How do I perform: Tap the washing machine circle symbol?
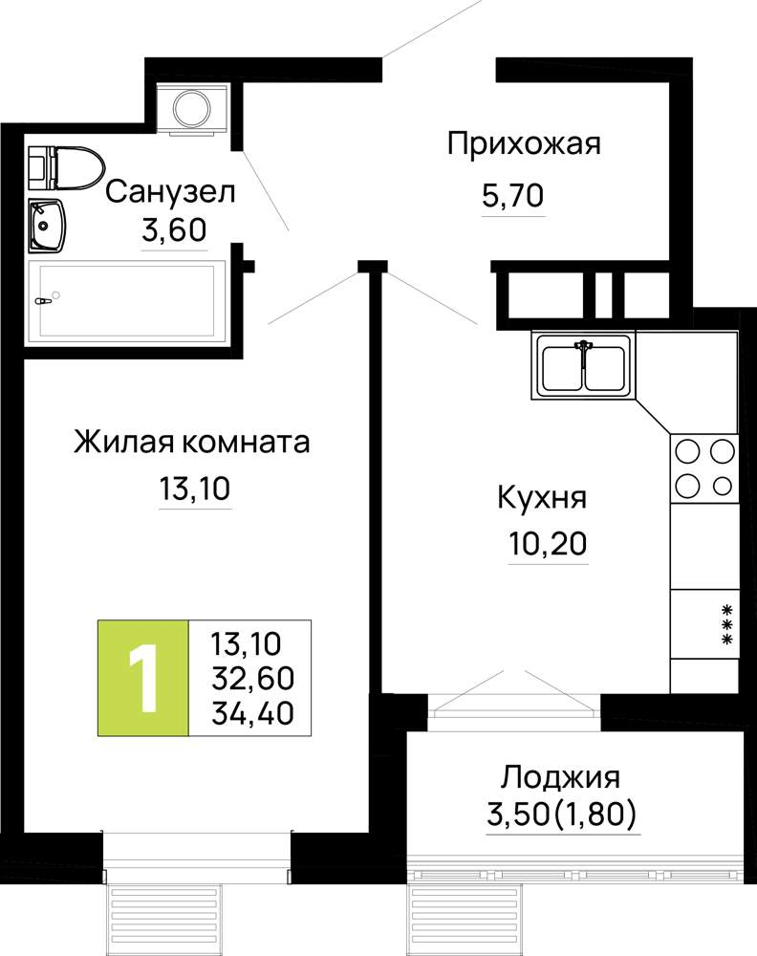pos(192,108)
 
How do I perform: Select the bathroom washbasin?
pos(46,225)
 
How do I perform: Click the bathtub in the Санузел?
pos(126,299)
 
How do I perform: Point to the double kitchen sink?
pos(583,364)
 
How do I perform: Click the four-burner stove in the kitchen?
pos(704,468)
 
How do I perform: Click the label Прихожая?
pos(524,144)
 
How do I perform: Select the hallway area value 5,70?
pos(512,196)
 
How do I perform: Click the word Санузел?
pos(170,192)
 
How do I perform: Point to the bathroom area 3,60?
pos(174,230)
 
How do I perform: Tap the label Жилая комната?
pos(192,442)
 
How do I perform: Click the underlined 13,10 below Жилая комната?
pos(195,489)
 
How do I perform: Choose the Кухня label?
pos(543,497)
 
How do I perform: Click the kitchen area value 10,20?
pos(548,544)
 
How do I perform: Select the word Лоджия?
pos(560,777)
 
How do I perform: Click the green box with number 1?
pos(143,678)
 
